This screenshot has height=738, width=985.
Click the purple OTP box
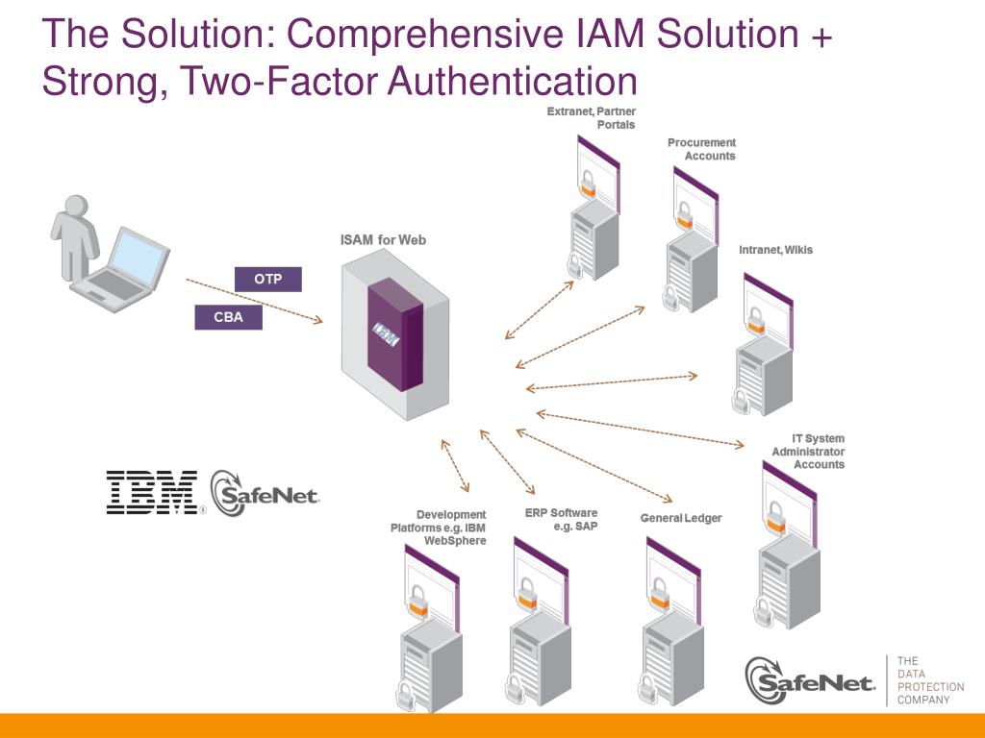coord(267,280)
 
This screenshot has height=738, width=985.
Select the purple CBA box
coord(228,317)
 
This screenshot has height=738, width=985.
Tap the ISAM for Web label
coord(383,240)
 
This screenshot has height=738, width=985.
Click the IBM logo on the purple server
coord(387,334)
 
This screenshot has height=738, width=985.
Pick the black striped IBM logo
coord(152,492)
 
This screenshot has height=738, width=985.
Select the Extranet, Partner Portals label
coord(591,118)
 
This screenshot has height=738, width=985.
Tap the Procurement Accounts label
coord(701,149)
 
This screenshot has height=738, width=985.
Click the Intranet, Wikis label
coord(775,250)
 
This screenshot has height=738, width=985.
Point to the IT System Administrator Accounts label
coord(808,452)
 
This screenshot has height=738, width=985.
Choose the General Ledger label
coord(681,519)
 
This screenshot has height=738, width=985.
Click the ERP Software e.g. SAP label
coord(562,519)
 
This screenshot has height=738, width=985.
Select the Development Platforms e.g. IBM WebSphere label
coord(439,528)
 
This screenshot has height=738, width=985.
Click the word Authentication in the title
coord(513,81)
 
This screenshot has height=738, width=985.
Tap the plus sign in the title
coord(821,36)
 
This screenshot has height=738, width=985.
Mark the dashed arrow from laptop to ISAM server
coord(254,302)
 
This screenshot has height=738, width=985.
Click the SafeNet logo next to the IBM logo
coord(265,493)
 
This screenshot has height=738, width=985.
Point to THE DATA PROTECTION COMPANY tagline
coord(929,680)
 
